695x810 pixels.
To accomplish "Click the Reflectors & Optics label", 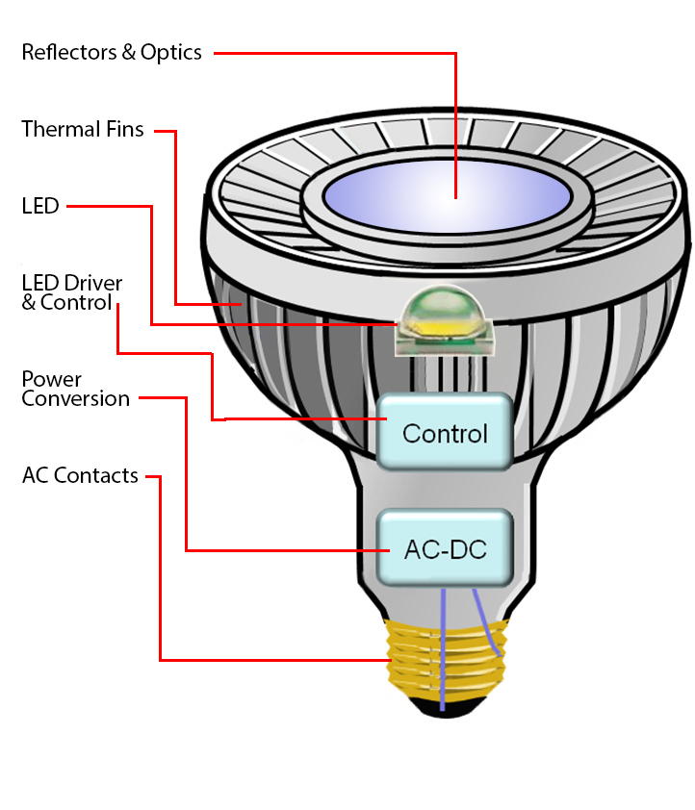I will tap(112, 52).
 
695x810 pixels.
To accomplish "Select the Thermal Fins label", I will tap(83, 129).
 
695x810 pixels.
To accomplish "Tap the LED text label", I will tap(40, 206).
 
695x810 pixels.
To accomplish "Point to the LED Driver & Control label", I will tap(72, 291).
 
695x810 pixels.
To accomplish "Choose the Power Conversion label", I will tap(75, 388).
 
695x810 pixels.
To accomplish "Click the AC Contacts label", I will tap(80, 475).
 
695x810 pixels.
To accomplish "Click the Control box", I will tap(445, 433).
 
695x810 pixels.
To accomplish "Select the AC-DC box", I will tap(445, 549).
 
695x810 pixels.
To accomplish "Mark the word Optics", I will tap(171, 53).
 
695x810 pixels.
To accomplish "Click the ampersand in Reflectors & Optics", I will tap(129, 52).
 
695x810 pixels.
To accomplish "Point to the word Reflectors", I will tap(69, 52).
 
